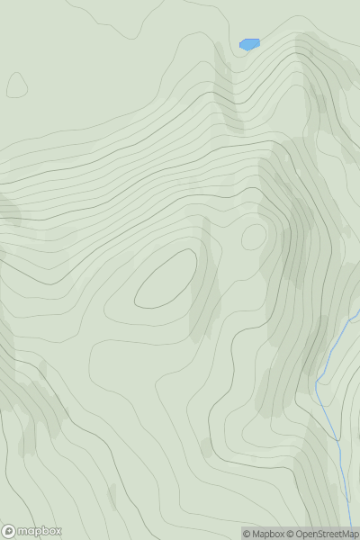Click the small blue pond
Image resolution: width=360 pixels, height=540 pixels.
[249, 44]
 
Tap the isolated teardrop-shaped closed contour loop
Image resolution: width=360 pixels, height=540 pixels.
[16, 85]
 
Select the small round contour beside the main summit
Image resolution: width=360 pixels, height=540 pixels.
[254, 237]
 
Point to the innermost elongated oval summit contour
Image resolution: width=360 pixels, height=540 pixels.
[166, 279]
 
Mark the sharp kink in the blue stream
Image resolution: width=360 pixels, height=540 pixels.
[318, 384]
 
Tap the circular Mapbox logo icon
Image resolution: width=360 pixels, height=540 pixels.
[9, 531]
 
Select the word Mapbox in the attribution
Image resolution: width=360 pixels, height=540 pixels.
[268, 534]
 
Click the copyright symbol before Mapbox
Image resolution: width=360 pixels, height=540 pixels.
[247, 534]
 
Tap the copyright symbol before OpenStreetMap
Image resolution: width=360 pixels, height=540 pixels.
[291, 534]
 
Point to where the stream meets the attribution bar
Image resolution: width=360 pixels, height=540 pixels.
[348, 526]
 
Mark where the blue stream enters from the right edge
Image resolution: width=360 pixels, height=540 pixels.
[358, 312]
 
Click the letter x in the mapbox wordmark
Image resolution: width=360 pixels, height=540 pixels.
[58, 531]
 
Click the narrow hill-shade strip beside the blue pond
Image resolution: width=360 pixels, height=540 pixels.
[226, 85]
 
